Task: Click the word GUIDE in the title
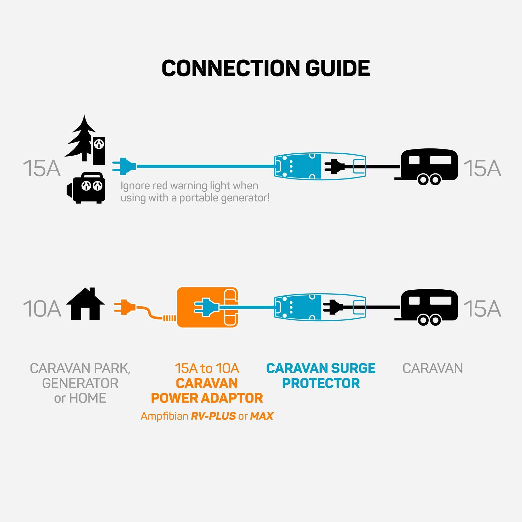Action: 338,68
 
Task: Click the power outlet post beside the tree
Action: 99,150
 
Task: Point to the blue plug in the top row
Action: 124,166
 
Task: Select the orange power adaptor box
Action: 207,307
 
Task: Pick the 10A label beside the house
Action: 42,309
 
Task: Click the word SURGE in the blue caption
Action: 353,368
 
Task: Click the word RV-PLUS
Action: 213,416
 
